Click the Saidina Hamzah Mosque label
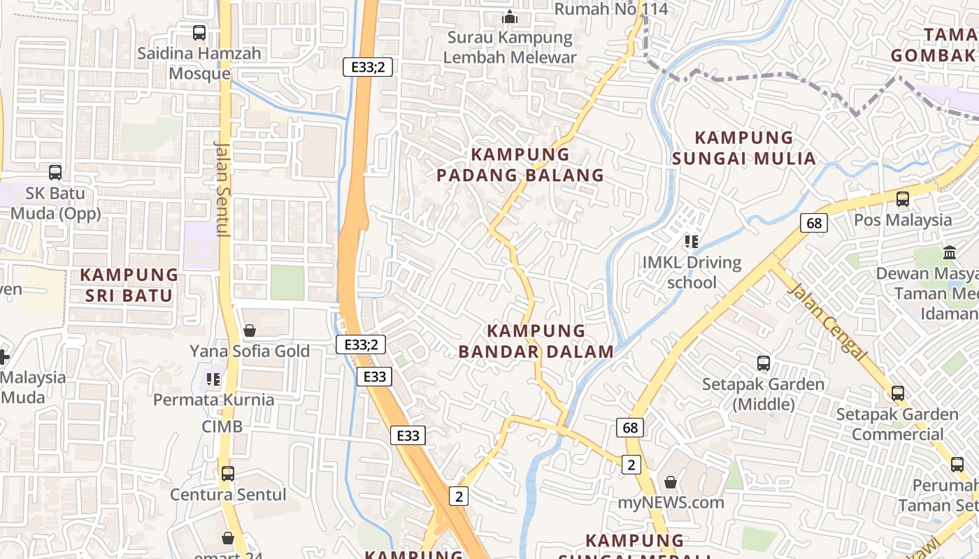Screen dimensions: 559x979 [199, 64]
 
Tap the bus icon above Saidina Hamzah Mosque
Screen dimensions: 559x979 [199, 32]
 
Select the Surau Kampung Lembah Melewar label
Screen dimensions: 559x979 [510, 48]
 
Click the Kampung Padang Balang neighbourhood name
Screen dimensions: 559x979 [520, 165]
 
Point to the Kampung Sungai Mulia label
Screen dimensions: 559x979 [744, 148]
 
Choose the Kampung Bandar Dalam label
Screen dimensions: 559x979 [536, 341]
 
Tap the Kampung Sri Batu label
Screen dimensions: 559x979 [129, 285]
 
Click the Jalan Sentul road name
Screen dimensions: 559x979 [222, 189]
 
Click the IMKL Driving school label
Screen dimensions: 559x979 [692, 273]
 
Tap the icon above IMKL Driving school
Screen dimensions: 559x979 [692, 242]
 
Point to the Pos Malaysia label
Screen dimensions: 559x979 [903, 220]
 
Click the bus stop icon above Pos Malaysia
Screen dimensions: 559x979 [903, 198]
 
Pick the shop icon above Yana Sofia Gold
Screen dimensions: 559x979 [250, 331]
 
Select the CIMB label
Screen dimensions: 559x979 [222, 426]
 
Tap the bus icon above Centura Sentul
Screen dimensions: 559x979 [228, 474]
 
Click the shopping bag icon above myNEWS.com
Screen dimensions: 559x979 [671, 482]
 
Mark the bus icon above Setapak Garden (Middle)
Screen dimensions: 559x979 [764, 363]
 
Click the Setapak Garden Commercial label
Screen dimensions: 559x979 [897, 424]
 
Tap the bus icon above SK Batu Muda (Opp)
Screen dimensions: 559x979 [55, 172]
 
